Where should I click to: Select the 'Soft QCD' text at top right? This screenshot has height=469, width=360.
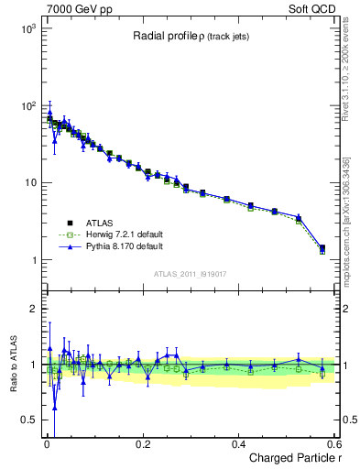(311, 8)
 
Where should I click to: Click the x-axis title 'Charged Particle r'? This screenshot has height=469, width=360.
(291, 458)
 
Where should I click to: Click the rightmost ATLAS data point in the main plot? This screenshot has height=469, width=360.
(322, 247)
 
